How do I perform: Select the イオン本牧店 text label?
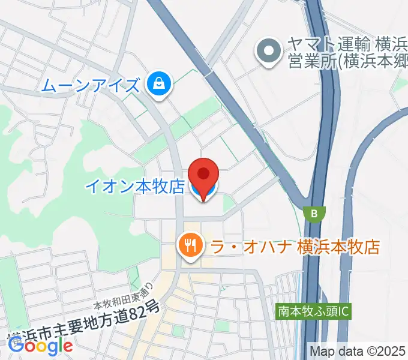click(x=134, y=187)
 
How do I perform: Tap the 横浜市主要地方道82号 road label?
click(x=84, y=326)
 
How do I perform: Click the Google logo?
click(x=41, y=344)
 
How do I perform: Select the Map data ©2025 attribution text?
click(x=357, y=351)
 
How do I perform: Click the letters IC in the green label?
click(x=344, y=312)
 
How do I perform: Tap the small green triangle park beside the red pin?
click(x=227, y=205)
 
